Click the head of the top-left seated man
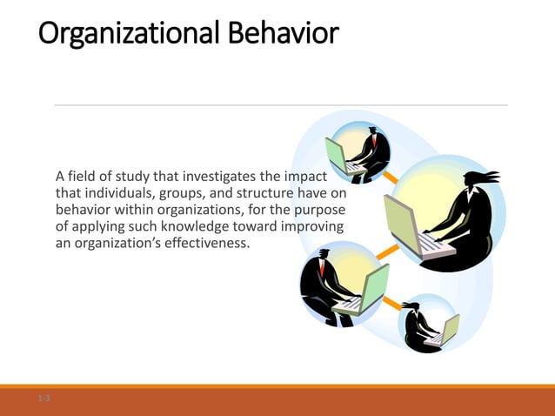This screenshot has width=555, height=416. [372, 132]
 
